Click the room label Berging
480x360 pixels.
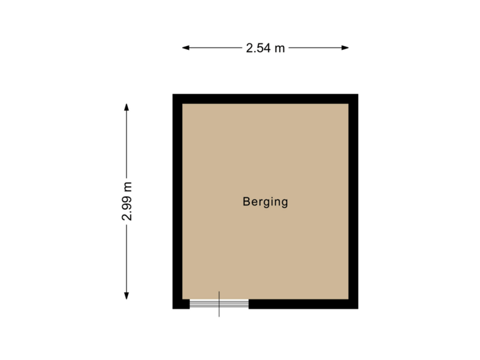point(265,202)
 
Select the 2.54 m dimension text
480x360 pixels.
point(265,48)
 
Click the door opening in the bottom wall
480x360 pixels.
point(219,304)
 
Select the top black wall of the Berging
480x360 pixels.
point(265,99)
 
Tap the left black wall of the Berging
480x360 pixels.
point(177,200)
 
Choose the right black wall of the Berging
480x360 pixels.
point(353,200)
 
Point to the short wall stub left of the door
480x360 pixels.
point(181,304)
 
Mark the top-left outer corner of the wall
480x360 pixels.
point(174,95)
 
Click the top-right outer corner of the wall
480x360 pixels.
point(357,95)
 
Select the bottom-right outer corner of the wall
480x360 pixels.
point(357,308)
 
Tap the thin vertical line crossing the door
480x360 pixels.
point(219,313)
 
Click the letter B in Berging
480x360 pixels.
point(247,202)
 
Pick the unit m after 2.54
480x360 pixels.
point(280,49)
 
